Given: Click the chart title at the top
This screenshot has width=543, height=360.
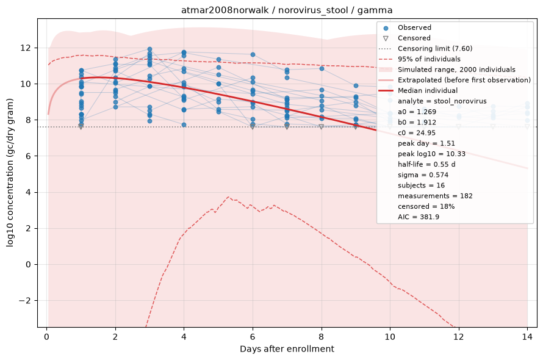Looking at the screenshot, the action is point(287,10).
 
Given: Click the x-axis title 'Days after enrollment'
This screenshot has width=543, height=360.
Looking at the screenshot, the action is point(287,349).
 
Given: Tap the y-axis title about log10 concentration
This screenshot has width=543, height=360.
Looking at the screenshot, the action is point(10,173).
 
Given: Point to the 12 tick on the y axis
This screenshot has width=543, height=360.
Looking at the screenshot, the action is point(26,48).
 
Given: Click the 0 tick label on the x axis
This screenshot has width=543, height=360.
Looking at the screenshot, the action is point(47,337).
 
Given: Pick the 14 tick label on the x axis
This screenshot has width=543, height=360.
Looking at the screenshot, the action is point(527,337).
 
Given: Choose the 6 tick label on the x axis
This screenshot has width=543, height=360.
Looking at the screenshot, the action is point(253,337).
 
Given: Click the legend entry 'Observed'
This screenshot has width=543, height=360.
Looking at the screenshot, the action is point(414,27).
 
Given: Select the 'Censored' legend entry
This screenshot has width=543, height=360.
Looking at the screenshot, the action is point(414,38).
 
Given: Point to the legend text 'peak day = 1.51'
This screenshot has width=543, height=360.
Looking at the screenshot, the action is point(426,143).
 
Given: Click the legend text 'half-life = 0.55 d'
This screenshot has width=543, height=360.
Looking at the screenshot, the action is point(426,164).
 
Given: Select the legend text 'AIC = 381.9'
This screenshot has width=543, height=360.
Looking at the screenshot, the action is point(419,217).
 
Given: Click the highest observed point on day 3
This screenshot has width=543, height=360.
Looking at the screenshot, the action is point(149,49).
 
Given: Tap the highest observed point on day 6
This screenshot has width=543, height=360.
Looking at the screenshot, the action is point(253,55).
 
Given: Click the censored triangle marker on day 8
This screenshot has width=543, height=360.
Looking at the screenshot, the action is point(322,127).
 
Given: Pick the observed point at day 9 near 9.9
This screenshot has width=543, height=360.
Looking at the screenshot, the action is point(356,85).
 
